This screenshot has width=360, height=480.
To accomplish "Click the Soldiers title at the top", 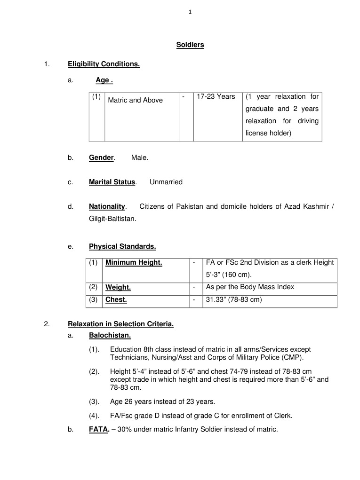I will pos(190,45).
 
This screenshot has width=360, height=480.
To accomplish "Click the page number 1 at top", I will pos(190,12).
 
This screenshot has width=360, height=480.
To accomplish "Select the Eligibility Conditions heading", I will pos(104,64).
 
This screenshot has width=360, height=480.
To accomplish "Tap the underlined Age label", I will pos(104,80).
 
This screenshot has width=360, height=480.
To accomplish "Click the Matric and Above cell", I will pos(136,100).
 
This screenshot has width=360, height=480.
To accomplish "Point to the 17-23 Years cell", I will pos(216,97).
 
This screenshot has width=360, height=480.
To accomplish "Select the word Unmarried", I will pos(166,182).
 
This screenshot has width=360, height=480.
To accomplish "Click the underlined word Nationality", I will pos(107,206).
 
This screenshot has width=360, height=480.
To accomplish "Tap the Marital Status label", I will pos(112,182).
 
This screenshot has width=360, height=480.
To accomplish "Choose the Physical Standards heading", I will pos(122,246).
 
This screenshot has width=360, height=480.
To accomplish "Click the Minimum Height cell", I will pos(134,263).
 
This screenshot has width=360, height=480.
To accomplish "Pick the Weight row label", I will pos(118,287).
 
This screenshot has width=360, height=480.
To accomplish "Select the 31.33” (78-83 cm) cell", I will pos(234,299).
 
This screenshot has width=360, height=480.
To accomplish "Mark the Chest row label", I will pos(116,299).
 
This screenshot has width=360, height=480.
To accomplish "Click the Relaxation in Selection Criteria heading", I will pos(121,324).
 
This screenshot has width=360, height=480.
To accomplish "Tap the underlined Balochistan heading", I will pos(110,335).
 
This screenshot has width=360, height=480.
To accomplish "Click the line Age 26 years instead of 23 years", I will pos(162,402).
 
